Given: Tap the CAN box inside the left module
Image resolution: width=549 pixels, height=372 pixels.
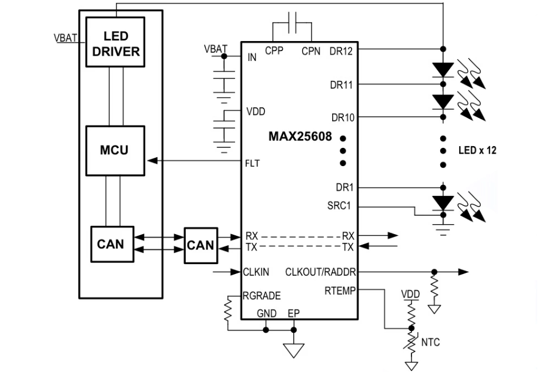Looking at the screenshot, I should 111,243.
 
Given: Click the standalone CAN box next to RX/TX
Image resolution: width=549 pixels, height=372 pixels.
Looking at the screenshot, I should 200,244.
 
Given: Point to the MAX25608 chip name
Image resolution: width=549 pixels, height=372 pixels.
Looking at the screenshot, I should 300,137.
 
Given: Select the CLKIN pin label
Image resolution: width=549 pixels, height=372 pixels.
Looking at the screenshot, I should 256,272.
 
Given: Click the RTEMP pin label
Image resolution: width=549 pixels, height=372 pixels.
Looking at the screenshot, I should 339,290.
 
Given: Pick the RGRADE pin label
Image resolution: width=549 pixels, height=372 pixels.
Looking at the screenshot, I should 261,296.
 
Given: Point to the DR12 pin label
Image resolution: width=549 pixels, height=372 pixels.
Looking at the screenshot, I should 341,51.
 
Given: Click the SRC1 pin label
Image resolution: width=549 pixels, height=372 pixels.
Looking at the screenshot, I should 340,206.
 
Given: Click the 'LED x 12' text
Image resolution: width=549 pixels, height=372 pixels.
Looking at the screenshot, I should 477,150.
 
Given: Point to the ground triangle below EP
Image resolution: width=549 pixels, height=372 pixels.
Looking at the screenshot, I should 293,350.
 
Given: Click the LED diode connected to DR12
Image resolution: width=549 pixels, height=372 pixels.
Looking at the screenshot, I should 442,69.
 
